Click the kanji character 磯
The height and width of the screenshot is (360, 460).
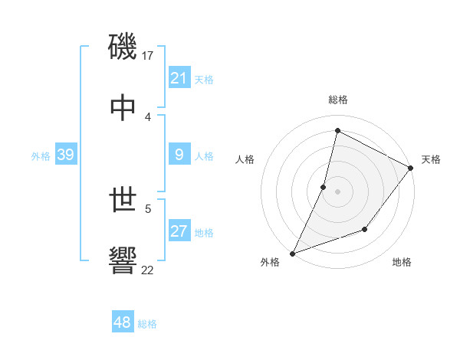coord(123,46)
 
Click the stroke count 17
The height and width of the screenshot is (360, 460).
coord(148,55)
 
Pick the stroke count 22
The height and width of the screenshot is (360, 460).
coord(148,270)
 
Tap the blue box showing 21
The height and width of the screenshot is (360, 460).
coord(179,77)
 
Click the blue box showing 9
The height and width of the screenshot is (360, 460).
coord(179,155)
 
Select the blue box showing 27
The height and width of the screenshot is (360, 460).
coord(179,231)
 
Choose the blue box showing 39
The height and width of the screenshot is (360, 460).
coord(66,155)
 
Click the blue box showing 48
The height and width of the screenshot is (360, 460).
coord(123,322)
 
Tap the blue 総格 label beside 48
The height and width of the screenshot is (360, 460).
coord(147,324)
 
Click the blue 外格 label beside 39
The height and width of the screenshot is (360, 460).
coord(41,156)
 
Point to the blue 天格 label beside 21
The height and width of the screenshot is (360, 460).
coord(204,79)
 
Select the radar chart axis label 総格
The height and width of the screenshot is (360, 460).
coord(338,100)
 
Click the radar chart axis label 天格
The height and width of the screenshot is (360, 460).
coord(431,159)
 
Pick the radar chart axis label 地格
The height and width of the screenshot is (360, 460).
coord(402,263)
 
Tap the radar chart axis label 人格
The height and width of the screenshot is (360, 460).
coord(245,159)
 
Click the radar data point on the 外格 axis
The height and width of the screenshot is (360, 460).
coord(293,253)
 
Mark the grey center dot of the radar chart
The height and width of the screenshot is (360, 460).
coord(337,191)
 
